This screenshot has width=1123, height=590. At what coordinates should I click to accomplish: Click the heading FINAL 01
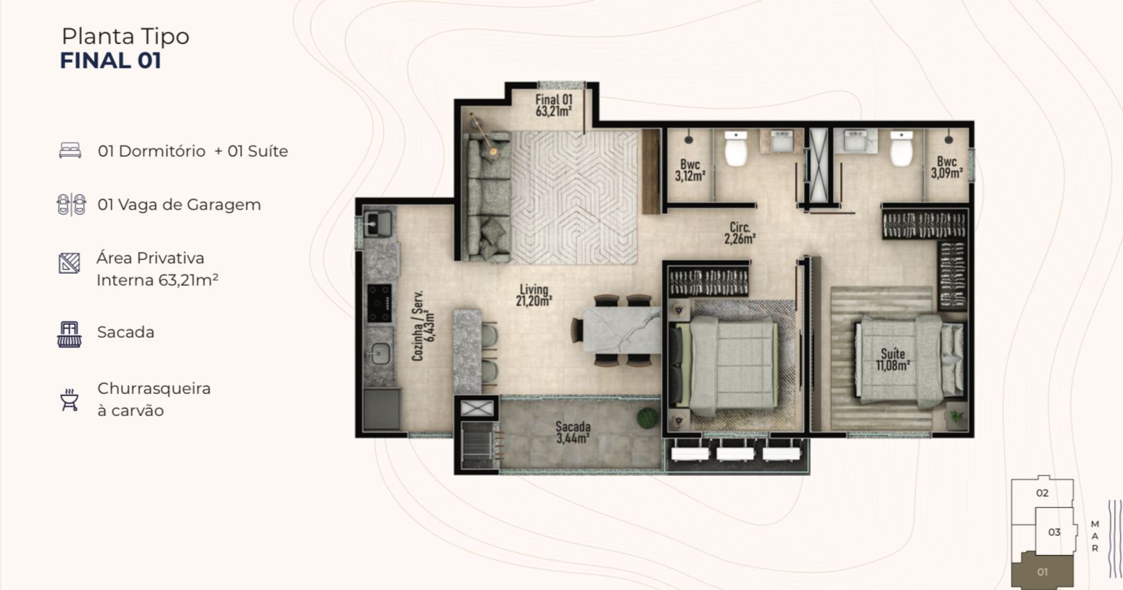click(x=110, y=61)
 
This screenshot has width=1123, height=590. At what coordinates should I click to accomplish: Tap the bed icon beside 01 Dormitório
click(x=70, y=150)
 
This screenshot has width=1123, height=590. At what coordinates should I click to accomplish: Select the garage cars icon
click(x=71, y=205)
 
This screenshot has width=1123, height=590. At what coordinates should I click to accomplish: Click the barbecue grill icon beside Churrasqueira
click(x=69, y=400)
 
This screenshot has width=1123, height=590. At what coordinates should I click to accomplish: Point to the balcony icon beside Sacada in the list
click(x=69, y=334)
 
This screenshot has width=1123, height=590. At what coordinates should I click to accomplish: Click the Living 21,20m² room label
click(x=534, y=295)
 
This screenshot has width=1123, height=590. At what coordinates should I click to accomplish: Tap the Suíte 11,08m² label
click(x=893, y=360)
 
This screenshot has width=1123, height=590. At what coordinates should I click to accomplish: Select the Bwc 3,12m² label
click(x=690, y=170)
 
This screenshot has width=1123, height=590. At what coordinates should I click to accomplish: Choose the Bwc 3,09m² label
click(x=946, y=167)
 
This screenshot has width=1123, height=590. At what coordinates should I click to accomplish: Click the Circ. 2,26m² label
click(x=740, y=234)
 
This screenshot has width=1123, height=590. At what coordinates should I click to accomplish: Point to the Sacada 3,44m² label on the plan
click(x=572, y=432)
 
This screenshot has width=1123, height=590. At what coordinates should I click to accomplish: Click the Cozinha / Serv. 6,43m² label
click(x=424, y=326)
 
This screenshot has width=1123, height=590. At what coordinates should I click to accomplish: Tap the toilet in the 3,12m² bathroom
click(x=736, y=148)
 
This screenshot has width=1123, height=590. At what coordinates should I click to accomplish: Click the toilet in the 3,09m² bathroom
click(x=901, y=148)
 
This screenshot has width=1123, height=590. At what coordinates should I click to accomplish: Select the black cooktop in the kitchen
click(x=380, y=304)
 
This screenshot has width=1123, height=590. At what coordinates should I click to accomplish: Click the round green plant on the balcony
click(x=648, y=418)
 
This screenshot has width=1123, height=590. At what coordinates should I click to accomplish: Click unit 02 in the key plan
click(x=1042, y=493)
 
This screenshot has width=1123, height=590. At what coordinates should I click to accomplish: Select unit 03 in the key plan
click(x=1055, y=532)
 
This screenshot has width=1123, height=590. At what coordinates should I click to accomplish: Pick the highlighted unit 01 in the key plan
click(x=1042, y=571)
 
